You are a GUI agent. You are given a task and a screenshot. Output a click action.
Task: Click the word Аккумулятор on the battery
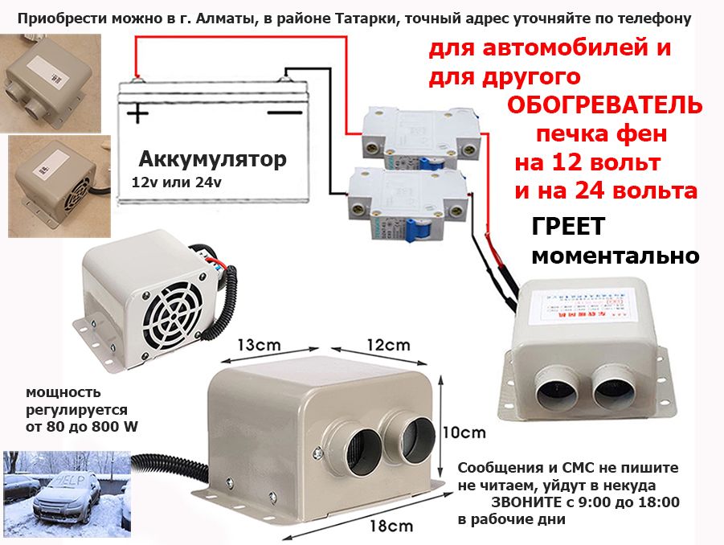pos(212,159)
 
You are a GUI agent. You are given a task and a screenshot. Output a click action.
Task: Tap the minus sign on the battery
pos(284,113)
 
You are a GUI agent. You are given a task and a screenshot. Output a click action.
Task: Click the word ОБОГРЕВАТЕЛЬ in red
pos(605,105)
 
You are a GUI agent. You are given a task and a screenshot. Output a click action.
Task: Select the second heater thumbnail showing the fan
pos(51,174)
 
